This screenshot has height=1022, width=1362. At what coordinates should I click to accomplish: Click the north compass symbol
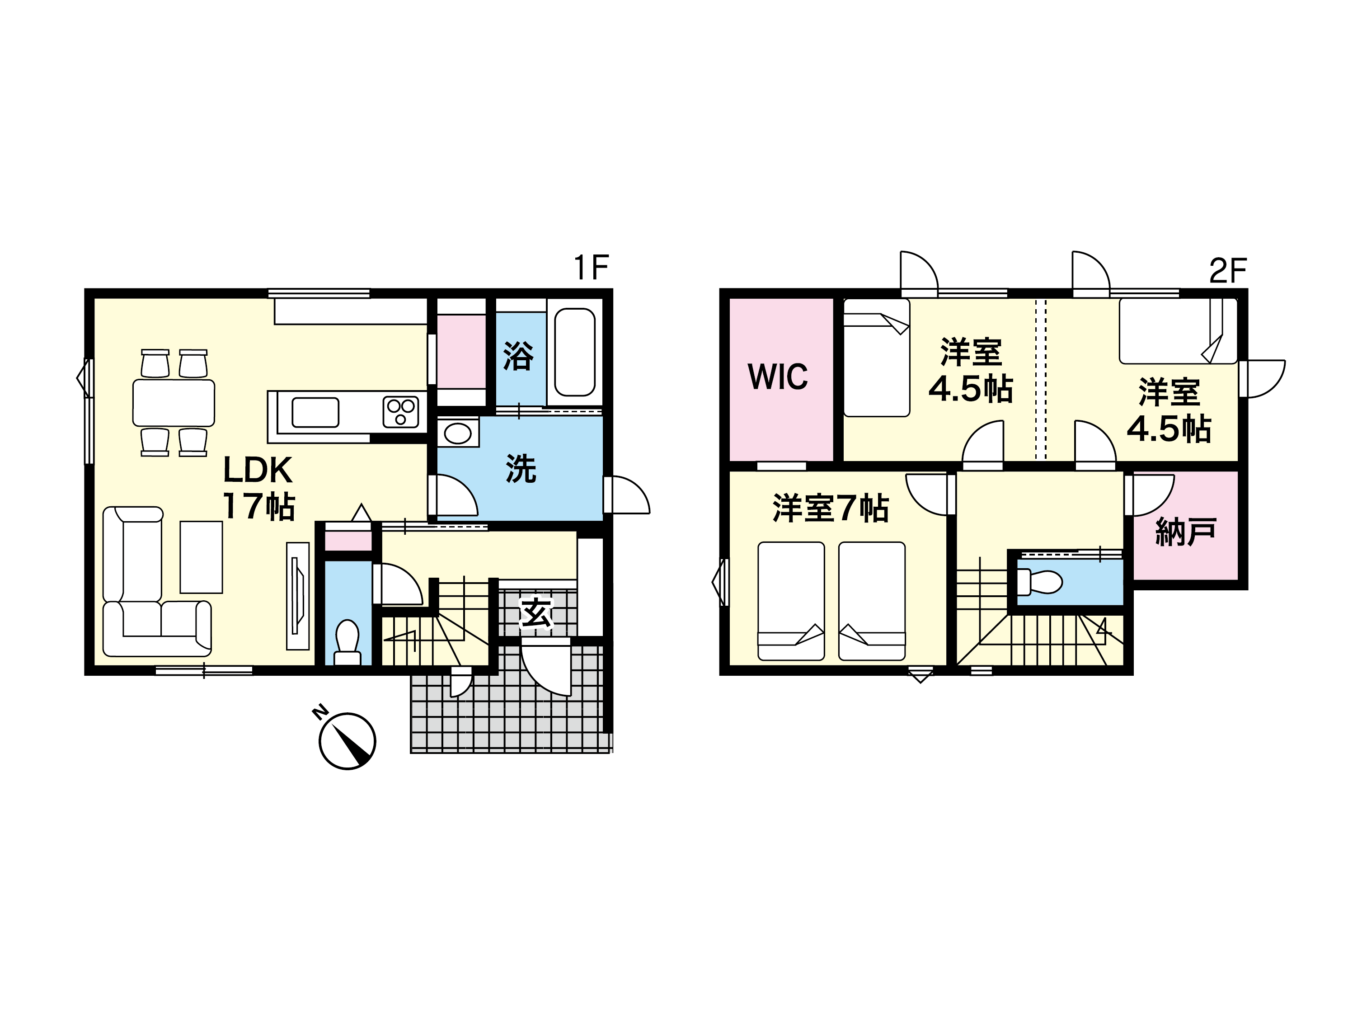tap(347, 740)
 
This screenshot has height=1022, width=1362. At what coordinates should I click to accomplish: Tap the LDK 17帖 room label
tap(258, 488)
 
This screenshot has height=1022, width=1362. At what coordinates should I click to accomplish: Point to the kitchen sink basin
tap(315, 412)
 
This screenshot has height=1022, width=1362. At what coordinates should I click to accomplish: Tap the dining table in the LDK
tap(174, 403)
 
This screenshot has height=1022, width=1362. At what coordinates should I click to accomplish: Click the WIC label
tap(778, 377)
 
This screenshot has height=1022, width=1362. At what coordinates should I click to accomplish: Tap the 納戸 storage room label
tap(1185, 532)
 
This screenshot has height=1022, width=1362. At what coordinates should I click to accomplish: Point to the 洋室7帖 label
tap(831, 508)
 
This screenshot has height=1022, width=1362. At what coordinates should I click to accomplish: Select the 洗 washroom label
tap(521, 469)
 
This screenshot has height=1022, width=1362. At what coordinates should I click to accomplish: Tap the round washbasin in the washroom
tap(457, 433)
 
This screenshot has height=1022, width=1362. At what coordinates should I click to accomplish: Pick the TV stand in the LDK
tap(298, 596)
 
